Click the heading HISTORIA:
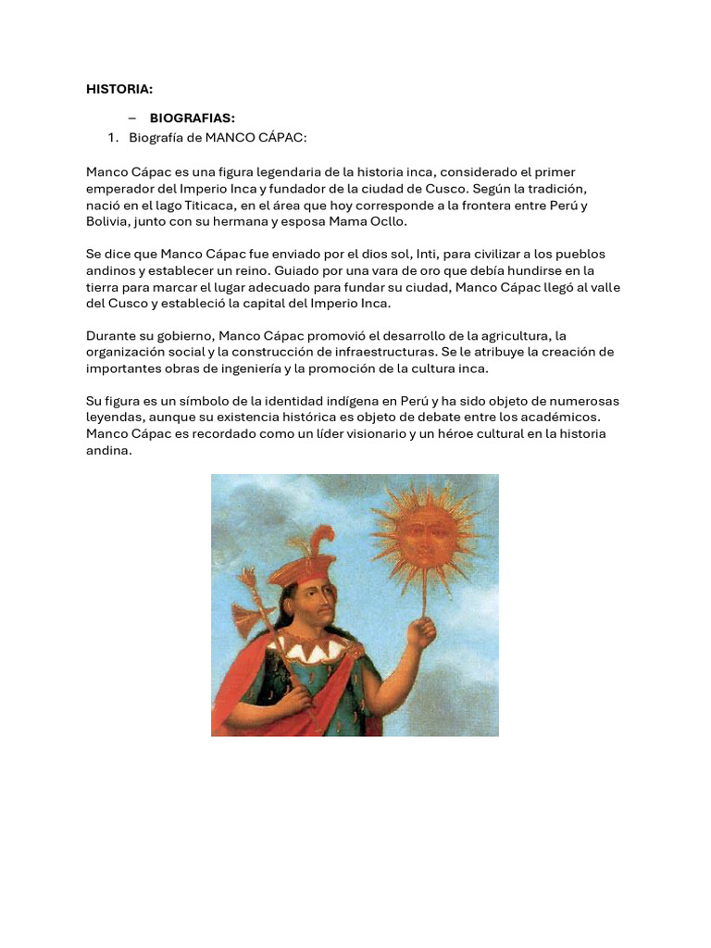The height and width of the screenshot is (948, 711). click(x=119, y=90)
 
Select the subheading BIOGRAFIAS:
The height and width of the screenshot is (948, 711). click(x=193, y=118)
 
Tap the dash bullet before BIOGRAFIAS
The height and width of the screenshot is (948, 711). click(x=132, y=118)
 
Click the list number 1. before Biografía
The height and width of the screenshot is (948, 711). click(x=114, y=138)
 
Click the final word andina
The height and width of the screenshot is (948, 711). click(x=109, y=451)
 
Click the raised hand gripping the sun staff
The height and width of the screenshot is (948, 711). click(x=422, y=631)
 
